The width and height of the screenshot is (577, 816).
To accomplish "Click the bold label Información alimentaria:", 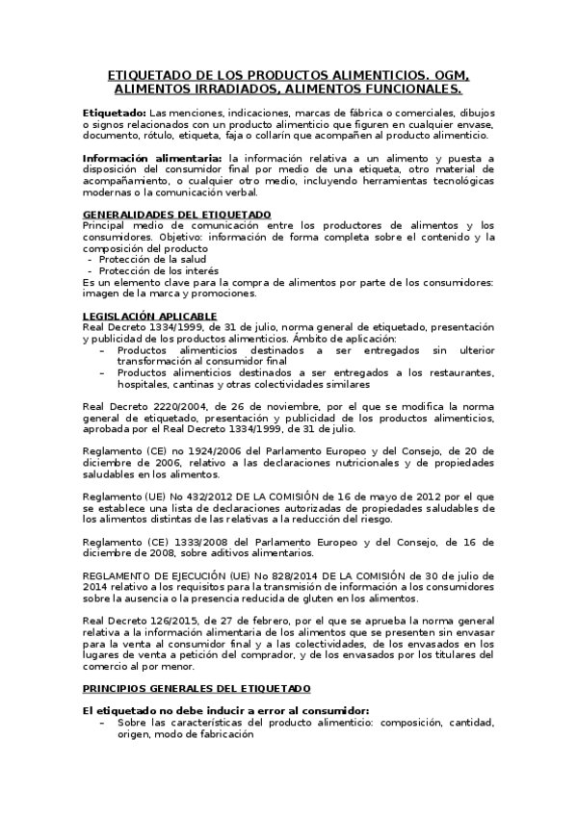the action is [152, 159].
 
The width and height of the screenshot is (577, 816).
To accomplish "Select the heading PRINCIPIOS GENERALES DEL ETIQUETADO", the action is [197, 662].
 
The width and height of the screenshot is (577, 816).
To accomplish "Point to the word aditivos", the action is [223, 553].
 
